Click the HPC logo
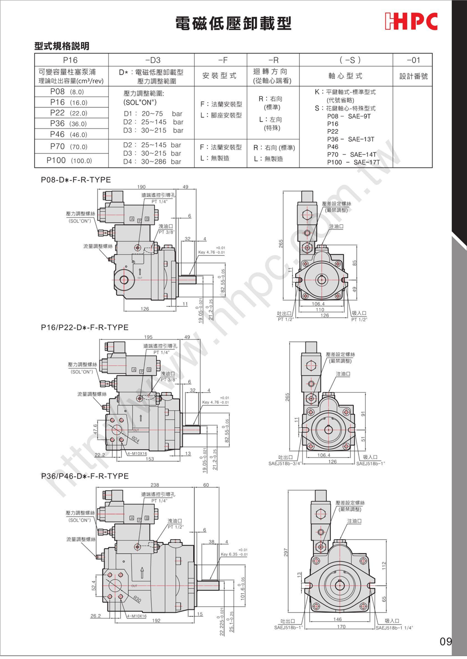point(411,22)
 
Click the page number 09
point(446,641)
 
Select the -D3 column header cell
point(152,60)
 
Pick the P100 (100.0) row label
point(69,160)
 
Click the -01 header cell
point(413,60)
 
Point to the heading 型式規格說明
point(62,46)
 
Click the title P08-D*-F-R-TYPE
point(76,180)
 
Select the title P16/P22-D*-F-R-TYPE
point(85,327)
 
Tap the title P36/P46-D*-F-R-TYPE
point(85,476)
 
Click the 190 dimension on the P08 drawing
point(142,187)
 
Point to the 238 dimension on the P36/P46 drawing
point(155,485)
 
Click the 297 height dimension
point(286,552)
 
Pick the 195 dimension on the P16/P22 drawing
point(148,337)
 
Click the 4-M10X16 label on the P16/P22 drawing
point(137,453)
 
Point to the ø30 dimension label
point(137,599)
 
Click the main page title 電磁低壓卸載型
point(233,23)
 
